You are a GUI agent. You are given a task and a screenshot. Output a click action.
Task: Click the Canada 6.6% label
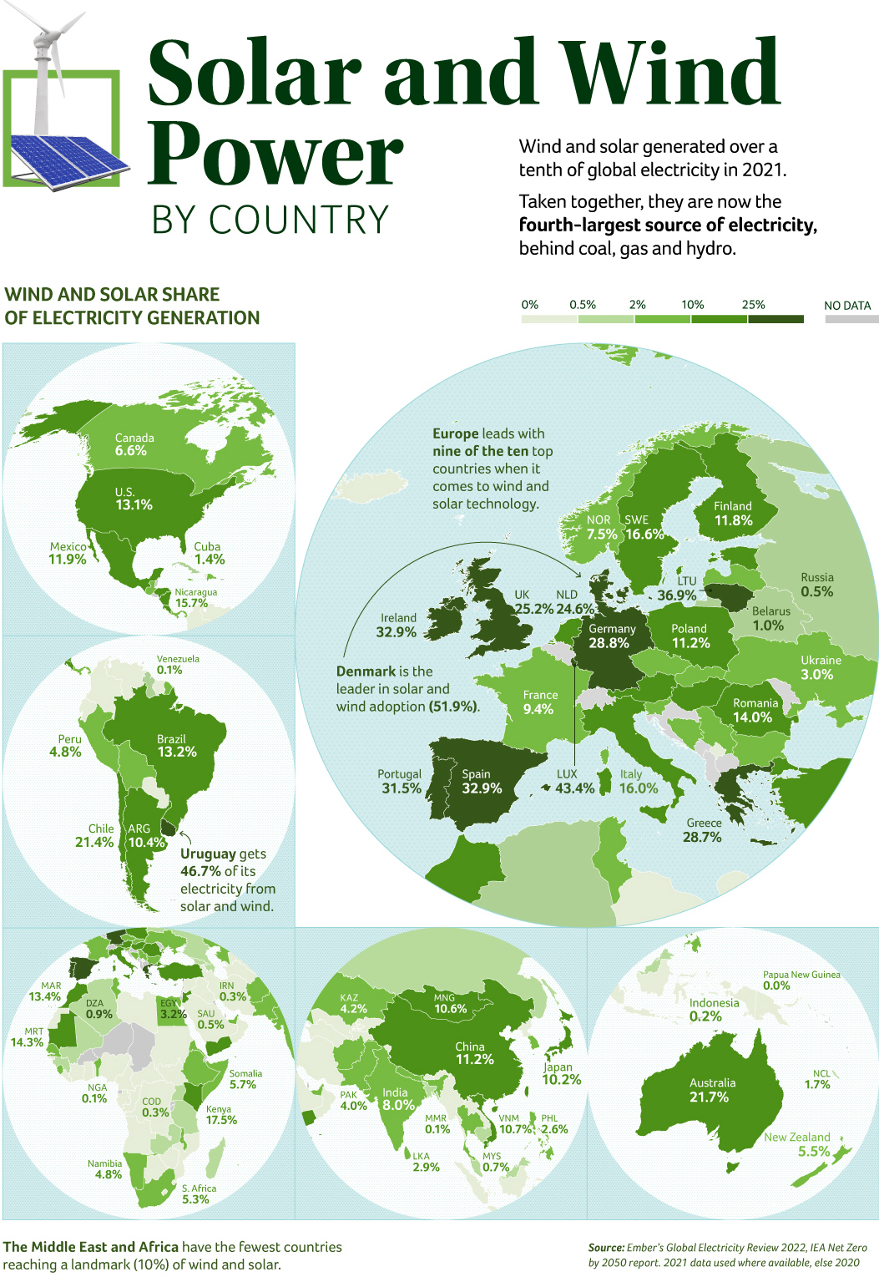[x=134, y=444]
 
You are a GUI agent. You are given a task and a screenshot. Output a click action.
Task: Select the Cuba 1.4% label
[x=209, y=553]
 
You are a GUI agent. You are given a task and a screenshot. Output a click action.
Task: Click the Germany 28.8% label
[x=611, y=636]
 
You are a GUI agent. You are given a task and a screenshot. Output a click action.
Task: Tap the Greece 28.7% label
[x=703, y=830]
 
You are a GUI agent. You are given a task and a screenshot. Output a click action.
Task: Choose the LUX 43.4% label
[x=574, y=782]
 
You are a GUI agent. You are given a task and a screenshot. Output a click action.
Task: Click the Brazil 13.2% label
[x=176, y=746]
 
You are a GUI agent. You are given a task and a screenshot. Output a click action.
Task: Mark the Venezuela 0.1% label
[x=177, y=664]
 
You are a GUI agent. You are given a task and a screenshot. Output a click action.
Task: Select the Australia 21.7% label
[x=711, y=1090]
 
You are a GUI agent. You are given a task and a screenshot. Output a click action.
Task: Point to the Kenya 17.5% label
[x=220, y=1115]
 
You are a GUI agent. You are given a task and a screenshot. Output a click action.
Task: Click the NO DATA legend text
[x=847, y=306]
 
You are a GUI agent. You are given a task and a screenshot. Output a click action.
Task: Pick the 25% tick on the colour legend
[x=753, y=305]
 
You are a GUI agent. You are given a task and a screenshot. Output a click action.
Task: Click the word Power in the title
[x=275, y=155]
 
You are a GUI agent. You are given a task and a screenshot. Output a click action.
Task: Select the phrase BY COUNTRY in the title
[x=270, y=220]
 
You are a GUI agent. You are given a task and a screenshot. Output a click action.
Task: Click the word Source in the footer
[x=606, y=1247]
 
